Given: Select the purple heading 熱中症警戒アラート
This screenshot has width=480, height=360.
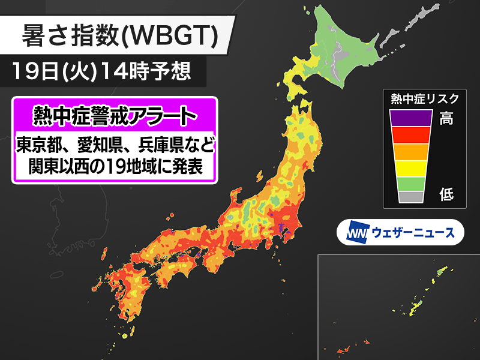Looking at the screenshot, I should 114,113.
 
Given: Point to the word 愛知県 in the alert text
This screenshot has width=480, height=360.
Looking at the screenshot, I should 96,145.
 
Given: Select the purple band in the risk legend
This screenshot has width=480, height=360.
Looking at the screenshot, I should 410,118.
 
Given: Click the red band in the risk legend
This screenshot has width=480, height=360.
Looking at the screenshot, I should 410,135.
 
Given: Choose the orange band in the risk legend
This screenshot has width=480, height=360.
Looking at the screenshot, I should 410,152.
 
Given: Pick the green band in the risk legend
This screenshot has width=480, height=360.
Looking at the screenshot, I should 410,182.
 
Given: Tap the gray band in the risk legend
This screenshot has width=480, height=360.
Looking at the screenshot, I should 410,196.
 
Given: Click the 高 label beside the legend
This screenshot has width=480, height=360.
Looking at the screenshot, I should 446,119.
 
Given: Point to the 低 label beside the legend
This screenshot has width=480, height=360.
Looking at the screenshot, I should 446,194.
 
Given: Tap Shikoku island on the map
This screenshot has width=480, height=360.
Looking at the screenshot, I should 180,273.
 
